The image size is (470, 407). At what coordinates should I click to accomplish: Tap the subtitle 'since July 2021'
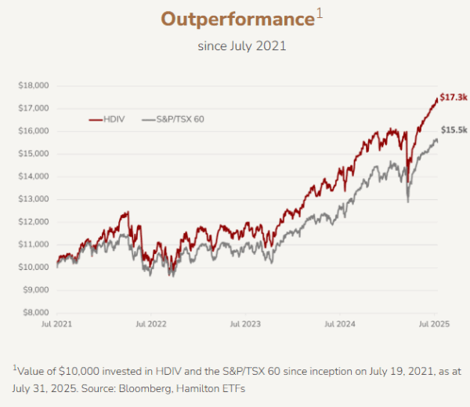[x=241, y=45]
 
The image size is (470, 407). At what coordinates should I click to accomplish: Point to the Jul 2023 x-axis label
[x=245, y=323]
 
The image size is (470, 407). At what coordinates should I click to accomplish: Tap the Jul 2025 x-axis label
[x=433, y=323]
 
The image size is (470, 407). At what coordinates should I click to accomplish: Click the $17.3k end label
[x=454, y=96]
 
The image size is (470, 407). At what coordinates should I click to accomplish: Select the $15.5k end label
[x=454, y=129]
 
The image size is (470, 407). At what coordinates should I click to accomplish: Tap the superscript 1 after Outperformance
[x=318, y=13]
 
